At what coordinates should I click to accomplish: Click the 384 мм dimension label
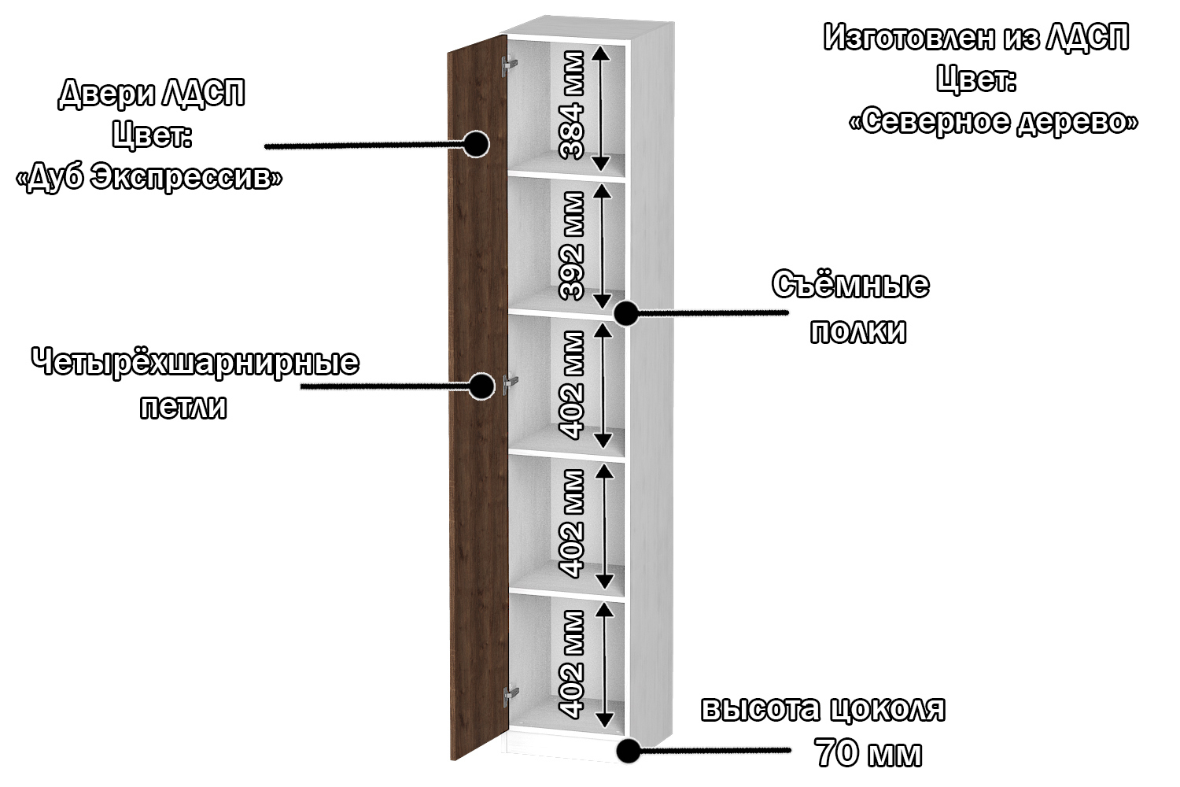point(572,105)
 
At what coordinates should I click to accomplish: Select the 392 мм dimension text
point(572,245)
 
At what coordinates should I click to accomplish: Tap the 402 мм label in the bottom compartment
point(572,663)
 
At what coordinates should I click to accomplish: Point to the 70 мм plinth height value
point(868,753)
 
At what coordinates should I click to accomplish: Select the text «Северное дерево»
point(994,121)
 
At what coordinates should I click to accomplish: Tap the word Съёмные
point(850,284)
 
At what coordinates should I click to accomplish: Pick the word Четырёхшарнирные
point(195,363)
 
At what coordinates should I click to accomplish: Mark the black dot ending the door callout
point(476,144)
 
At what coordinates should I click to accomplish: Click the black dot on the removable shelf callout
point(626,313)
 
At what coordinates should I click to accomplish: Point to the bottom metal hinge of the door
point(511,695)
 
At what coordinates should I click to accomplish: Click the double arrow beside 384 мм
point(600,108)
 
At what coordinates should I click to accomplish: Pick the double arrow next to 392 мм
point(602,246)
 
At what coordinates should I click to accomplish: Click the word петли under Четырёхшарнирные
point(183,407)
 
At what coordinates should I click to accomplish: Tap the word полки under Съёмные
point(857,331)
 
